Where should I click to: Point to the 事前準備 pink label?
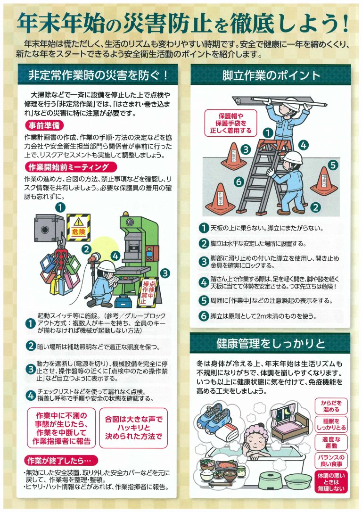coord(43,126)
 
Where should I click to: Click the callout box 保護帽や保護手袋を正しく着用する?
coord(229,123)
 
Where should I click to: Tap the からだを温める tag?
coord(331,406)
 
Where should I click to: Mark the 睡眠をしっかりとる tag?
coord(331,424)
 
